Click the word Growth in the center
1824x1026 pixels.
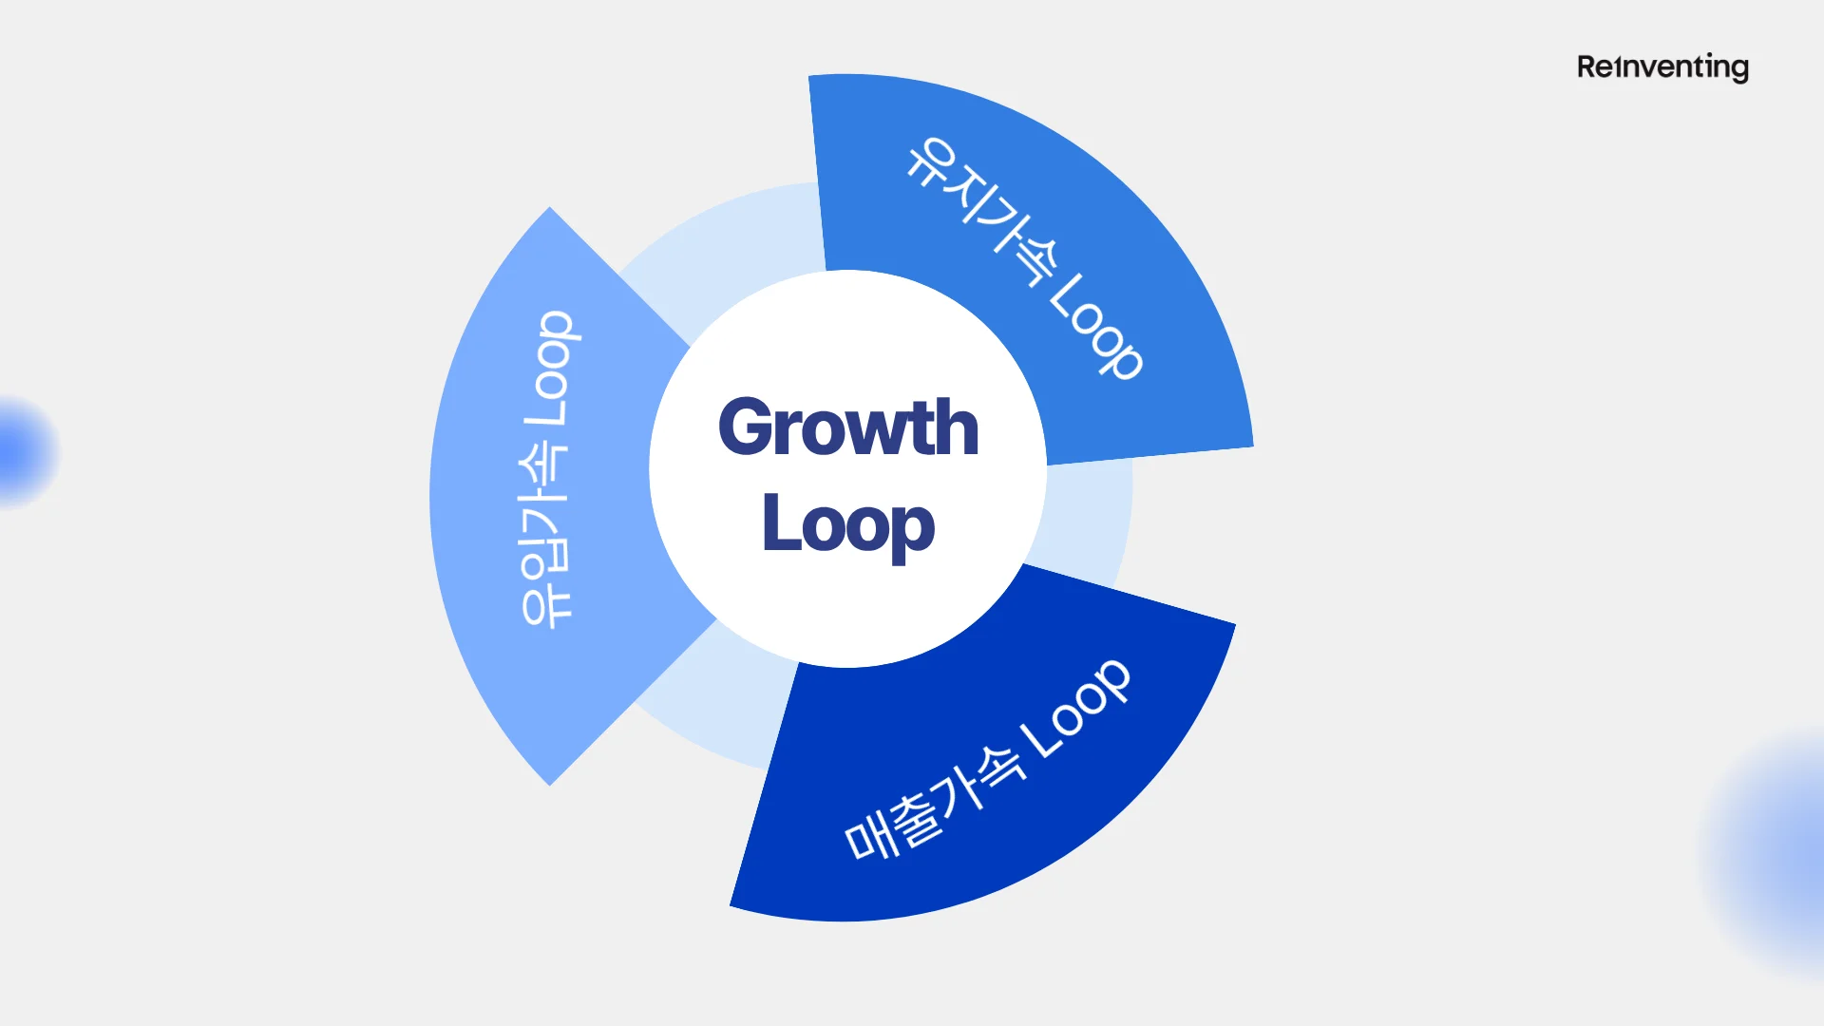tap(848, 427)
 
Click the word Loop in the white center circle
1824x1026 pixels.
tap(848, 524)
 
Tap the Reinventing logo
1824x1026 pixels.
tap(1662, 67)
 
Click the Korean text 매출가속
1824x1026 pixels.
tap(936, 803)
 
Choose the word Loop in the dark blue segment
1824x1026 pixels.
tap(1076, 708)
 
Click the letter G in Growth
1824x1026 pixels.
tap(745, 427)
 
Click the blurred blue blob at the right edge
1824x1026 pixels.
tap(1776, 850)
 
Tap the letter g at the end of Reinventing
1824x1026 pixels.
tap(1738, 69)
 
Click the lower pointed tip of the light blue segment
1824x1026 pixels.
tap(549, 782)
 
